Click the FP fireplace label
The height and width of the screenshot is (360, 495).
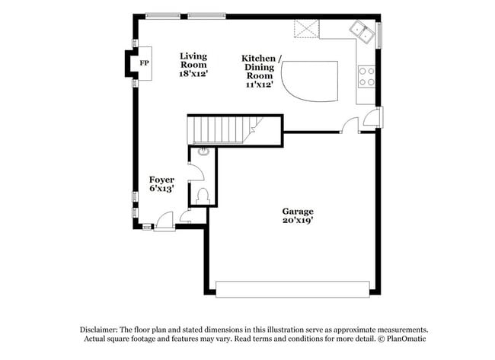143,62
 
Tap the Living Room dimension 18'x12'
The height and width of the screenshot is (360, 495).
193,75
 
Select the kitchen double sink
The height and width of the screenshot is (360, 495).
361,31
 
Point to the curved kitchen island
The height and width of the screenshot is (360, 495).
309,80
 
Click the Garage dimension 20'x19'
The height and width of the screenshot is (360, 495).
298,221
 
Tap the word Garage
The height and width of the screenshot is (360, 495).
298,211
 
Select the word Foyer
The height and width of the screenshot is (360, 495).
161,180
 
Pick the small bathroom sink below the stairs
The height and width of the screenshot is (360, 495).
203,151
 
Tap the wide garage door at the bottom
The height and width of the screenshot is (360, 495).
292,288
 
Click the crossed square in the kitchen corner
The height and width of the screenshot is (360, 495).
307,29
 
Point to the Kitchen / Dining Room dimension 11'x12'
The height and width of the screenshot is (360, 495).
260,84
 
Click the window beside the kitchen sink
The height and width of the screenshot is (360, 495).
379,33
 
